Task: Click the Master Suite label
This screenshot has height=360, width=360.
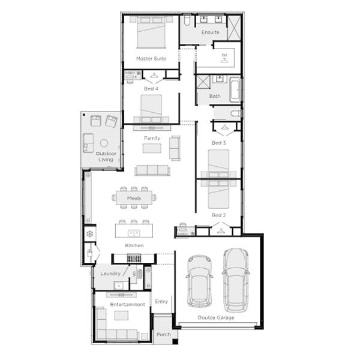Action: (151, 58)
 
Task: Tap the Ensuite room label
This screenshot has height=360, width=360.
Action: (210, 32)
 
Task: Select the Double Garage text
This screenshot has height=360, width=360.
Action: (216, 317)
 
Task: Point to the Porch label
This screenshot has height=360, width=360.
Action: (163, 334)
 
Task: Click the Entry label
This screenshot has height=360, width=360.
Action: (161, 301)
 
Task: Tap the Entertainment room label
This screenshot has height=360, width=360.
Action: (127, 304)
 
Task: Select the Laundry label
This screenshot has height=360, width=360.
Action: (110, 274)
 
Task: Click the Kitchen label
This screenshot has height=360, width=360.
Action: (134, 246)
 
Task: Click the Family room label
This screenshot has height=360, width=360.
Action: (152, 138)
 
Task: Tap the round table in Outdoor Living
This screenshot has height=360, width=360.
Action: (104, 143)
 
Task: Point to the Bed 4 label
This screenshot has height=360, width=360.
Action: (151, 88)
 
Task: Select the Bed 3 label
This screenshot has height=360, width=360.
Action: (218, 143)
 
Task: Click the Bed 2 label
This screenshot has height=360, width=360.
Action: (218, 215)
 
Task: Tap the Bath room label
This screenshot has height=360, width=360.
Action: (215, 96)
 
